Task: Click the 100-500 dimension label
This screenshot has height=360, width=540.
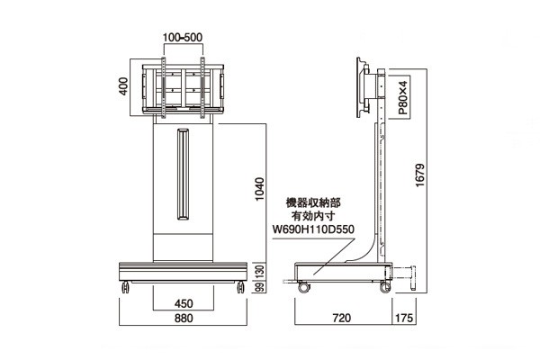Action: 183,37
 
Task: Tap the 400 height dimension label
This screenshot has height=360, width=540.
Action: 123,86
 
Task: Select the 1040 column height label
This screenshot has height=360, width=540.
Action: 259,189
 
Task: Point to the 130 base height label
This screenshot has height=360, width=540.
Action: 261,272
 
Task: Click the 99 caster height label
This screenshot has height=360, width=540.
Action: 261,287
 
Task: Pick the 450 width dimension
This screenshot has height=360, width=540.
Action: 184,303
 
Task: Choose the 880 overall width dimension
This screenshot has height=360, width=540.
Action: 184,318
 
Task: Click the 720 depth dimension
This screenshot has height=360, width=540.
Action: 342,318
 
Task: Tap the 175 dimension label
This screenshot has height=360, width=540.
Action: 403,318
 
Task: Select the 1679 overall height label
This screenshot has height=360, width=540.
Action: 420,175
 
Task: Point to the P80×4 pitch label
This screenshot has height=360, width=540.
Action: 403,97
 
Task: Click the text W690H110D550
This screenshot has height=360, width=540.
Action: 313,229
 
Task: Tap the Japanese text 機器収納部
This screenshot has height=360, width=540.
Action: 313,202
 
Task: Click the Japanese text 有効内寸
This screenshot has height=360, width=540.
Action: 313,216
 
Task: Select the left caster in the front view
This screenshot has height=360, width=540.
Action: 125,287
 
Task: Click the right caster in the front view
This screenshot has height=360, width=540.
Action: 240,287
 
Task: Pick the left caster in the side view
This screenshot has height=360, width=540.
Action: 304,287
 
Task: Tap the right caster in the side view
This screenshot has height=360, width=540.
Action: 385,287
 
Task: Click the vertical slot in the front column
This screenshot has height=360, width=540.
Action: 184,175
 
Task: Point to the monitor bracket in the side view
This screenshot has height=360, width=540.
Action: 363,88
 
